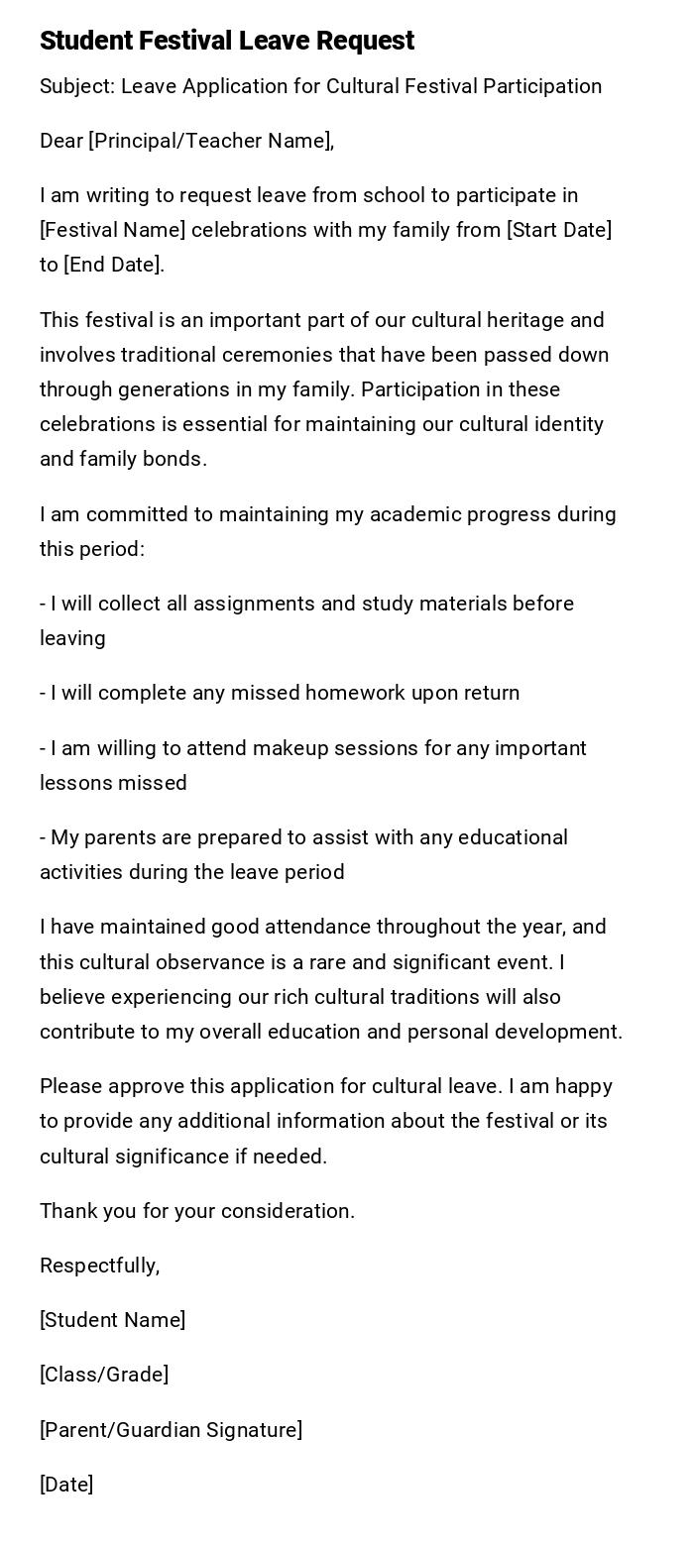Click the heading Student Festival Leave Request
[x=227, y=41]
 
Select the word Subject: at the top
[x=77, y=86]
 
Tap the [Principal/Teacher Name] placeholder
[x=210, y=141]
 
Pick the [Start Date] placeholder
[x=559, y=230]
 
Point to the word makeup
[x=294, y=748]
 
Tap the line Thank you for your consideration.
[x=197, y=1211]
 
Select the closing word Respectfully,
[x=99, y=1266]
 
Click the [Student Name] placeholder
[x=113, y=1320]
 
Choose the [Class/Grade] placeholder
[x=104, y=1375]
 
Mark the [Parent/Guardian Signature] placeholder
[x=171, y=1430]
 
